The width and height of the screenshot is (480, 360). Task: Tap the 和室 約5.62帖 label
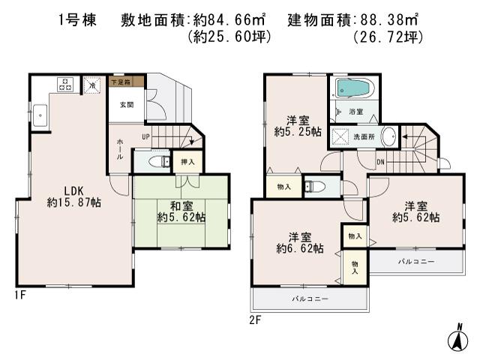click(181, 211)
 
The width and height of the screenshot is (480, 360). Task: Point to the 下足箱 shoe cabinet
click(119, 81)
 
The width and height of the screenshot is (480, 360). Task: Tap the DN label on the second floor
click(380, 160)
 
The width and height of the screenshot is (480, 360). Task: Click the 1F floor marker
click(19, 295)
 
